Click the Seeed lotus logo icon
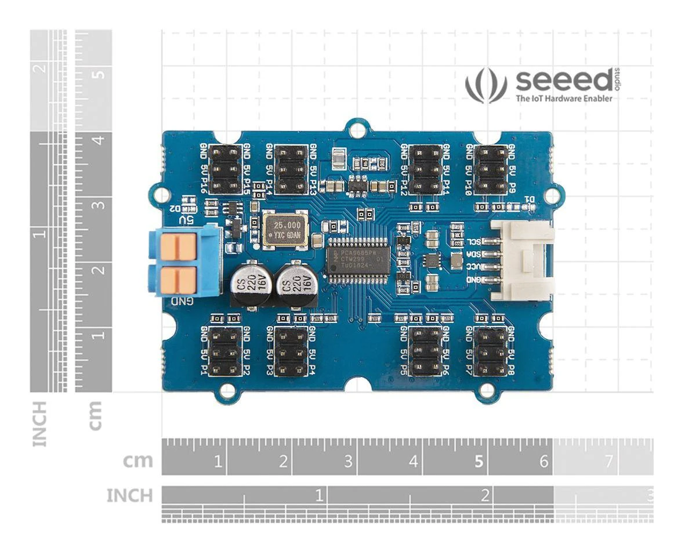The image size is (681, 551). pyautogui.click(x=486, y=86)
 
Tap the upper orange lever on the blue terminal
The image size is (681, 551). pyautogui.click(x=178, y=246)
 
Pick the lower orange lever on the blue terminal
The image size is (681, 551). pyautogui.click(x=178, y=279)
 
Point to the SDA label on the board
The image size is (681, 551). pyautogui.click(x=473, y=255)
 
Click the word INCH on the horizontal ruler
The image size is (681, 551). pyautogui.click(x=129, y=496)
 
